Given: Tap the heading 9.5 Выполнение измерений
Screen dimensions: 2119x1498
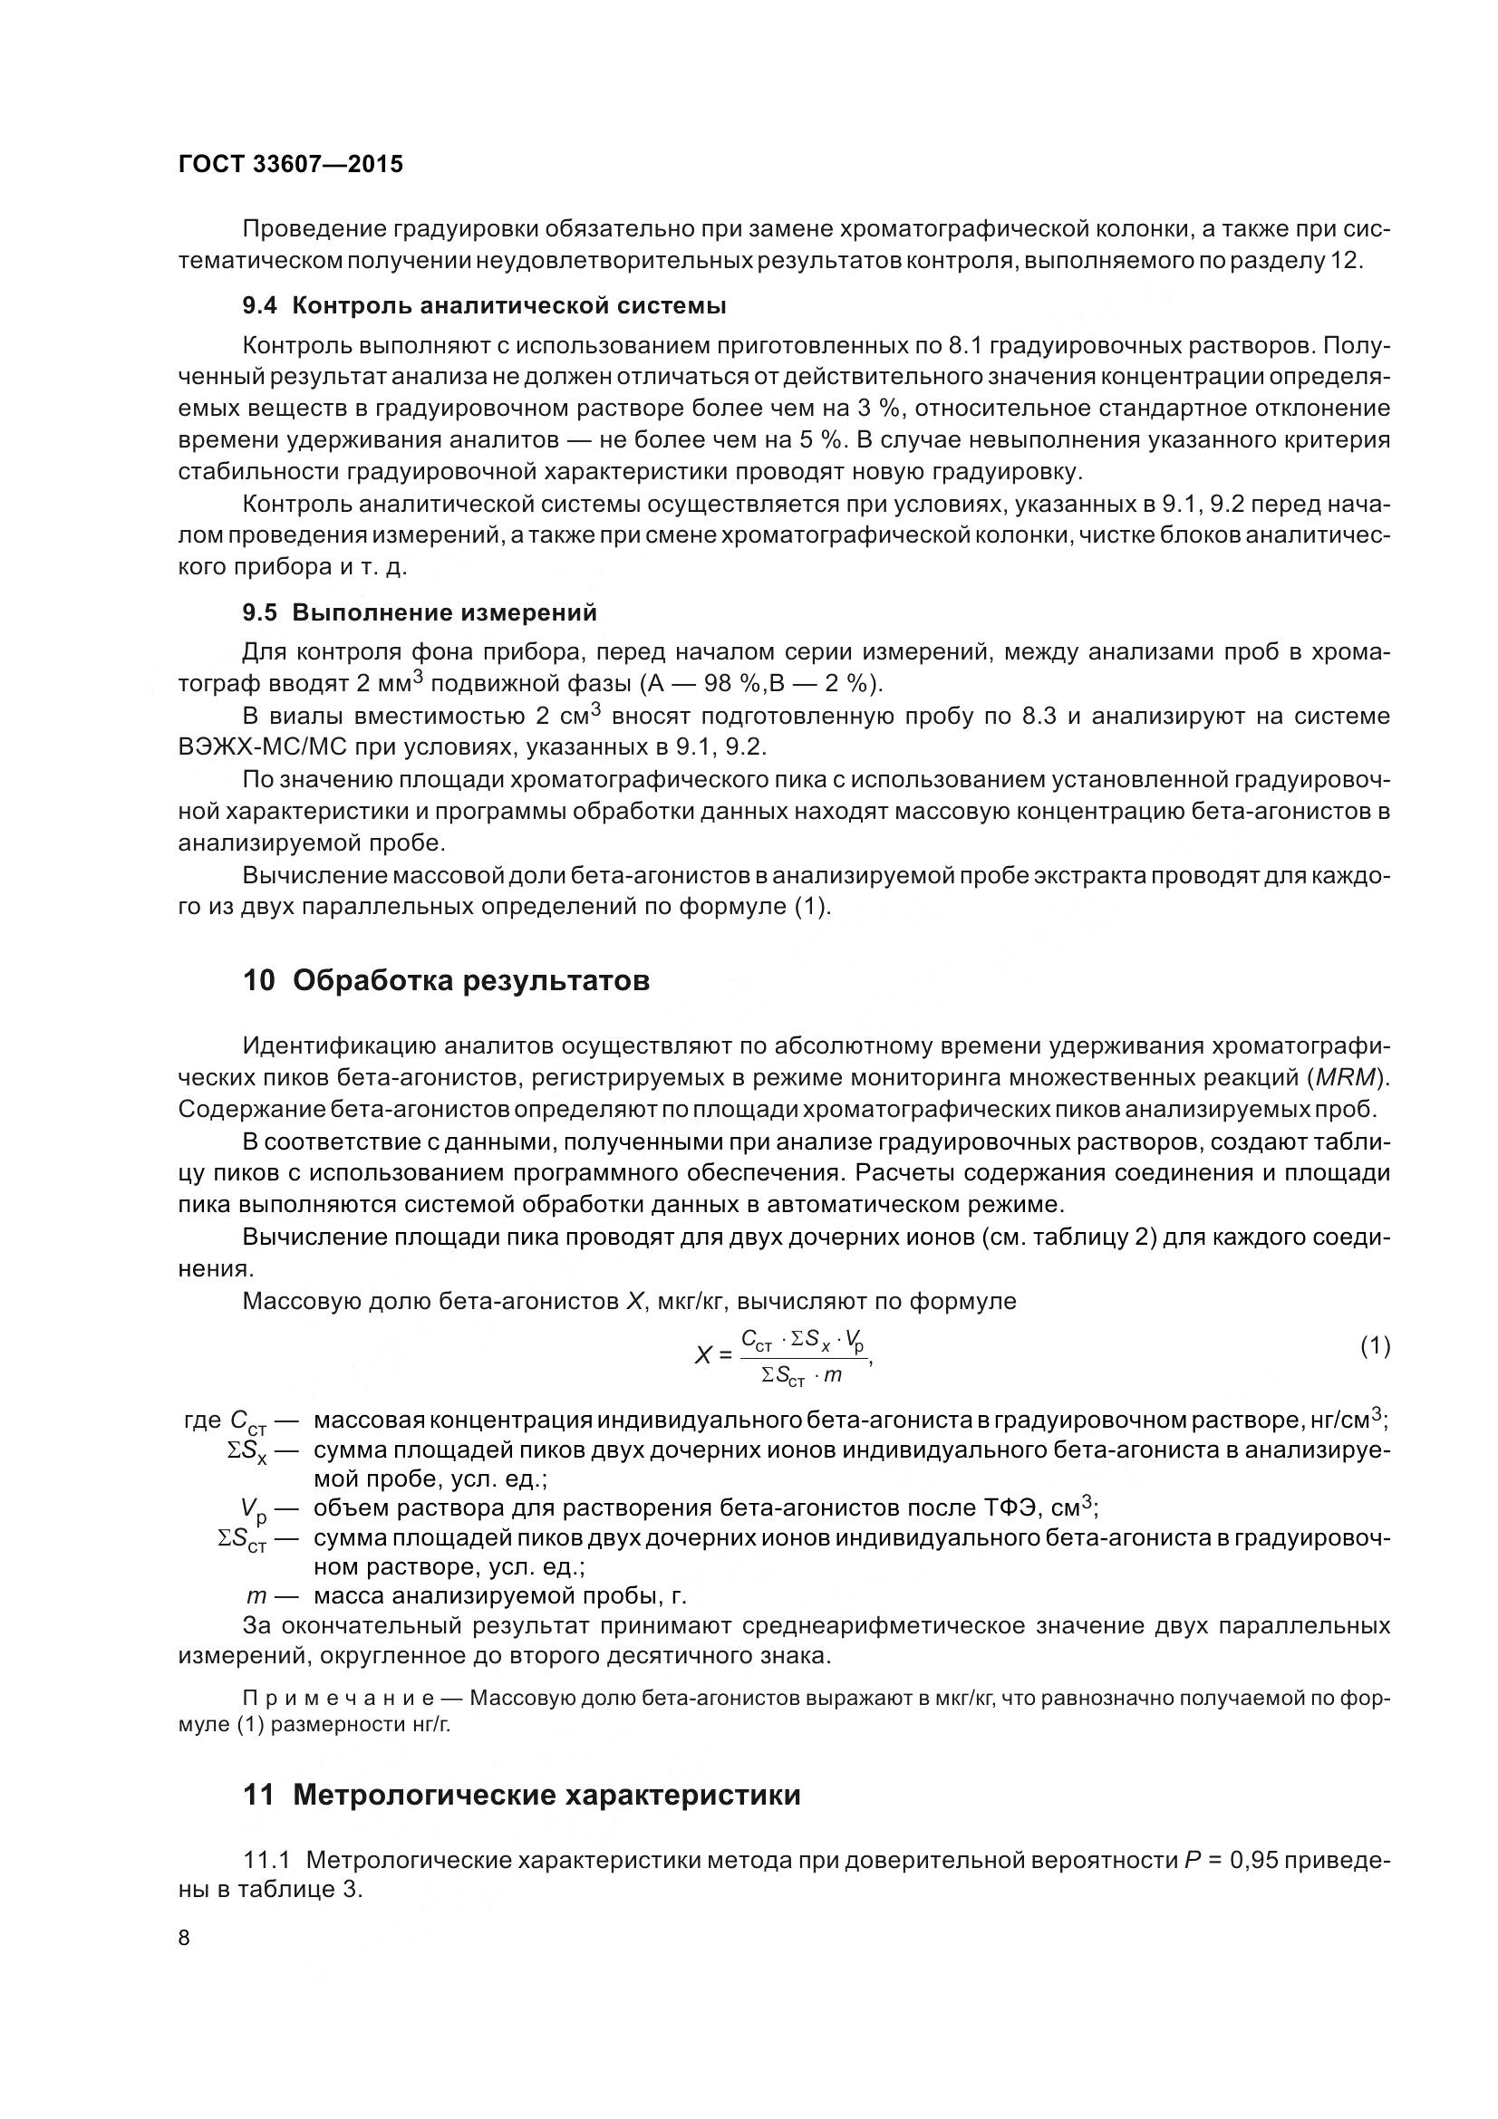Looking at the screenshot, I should coord(419,612).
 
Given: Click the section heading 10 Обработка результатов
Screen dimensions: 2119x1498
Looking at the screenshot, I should coord(446,980).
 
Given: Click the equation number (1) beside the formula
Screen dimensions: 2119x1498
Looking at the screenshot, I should coord(1375,1346).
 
